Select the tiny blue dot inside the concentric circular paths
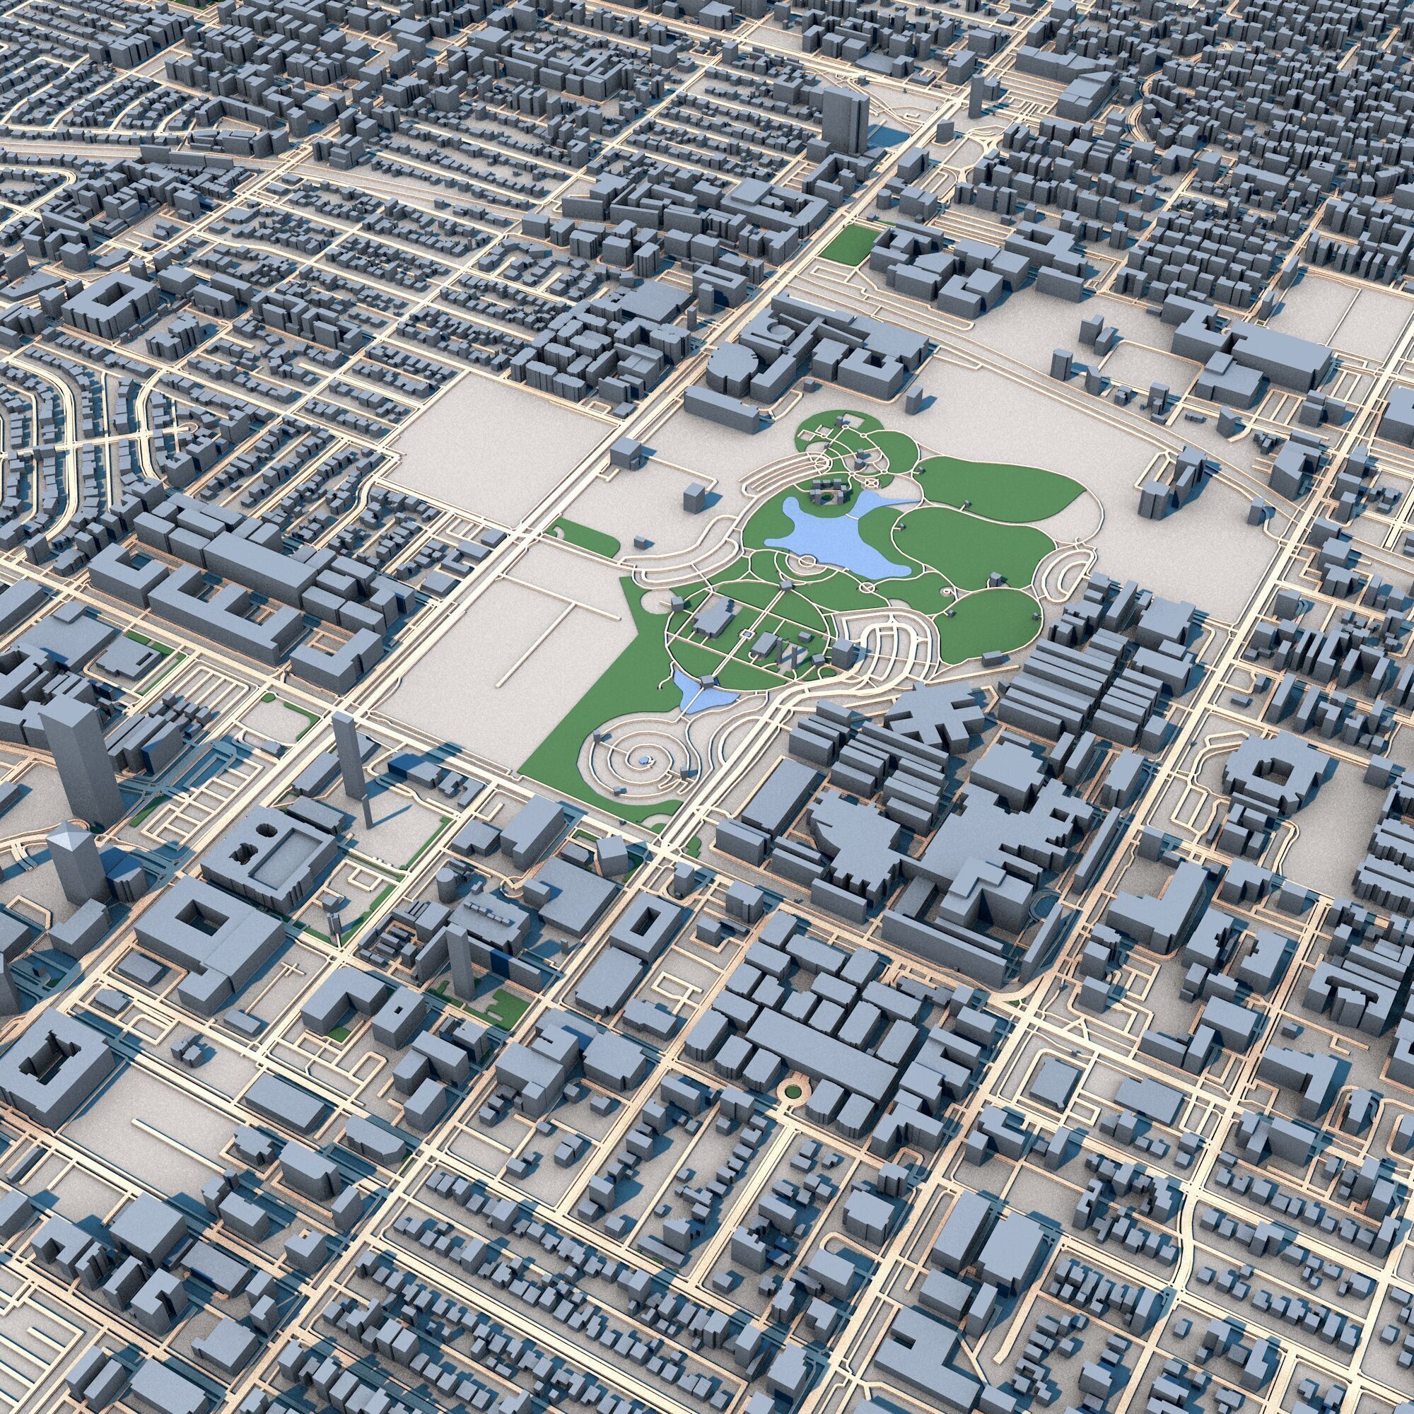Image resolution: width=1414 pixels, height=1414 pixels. point(643,761)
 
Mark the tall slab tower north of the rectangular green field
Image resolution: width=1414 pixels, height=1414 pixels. point(845,121)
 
